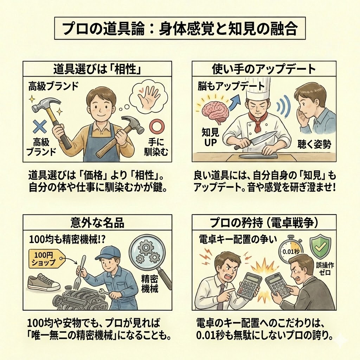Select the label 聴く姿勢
314,144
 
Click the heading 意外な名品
97,223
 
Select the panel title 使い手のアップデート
264,69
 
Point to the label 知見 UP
211,137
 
